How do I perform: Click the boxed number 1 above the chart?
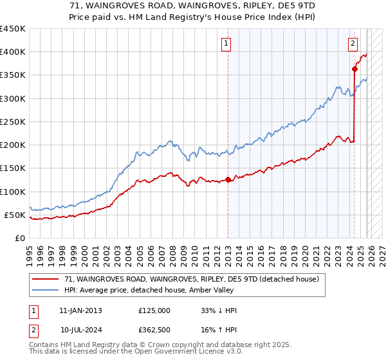pos(226,44)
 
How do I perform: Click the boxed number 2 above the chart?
pos(353,44)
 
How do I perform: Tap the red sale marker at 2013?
pos(228,180)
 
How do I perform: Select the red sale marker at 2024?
pos(354,69)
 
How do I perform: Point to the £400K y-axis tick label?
pos(13,52)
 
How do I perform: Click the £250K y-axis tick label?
pos(13,122)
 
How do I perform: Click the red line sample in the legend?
pos(45,279)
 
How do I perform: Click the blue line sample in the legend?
pos(45,291)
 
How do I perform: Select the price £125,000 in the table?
pos(154,310)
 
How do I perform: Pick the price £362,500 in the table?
pos(154,330)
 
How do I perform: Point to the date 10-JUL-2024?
pos(80,330)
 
